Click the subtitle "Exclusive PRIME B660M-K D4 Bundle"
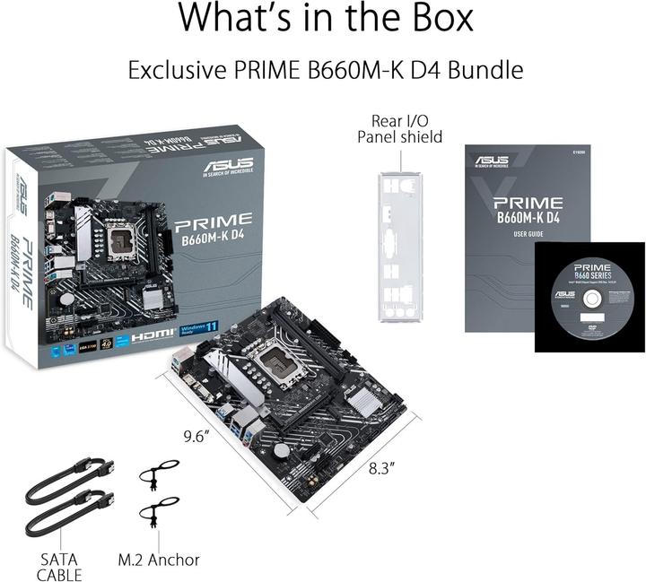coord(325,69)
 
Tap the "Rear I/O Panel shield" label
coord(399,128)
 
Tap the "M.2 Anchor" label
coord(159,560)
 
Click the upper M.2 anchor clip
coord(158,473)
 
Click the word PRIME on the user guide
coord(528,203)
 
